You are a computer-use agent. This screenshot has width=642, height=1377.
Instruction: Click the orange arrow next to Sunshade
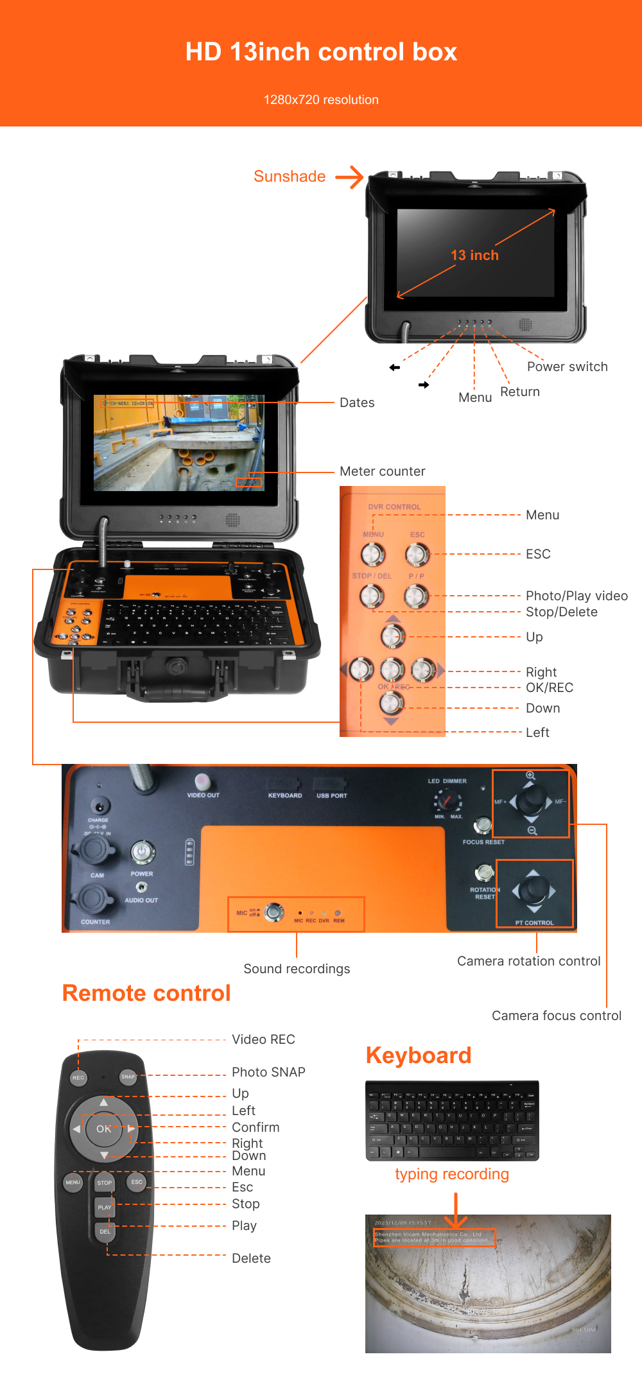349,177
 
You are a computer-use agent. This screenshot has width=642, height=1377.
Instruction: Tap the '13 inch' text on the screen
474,255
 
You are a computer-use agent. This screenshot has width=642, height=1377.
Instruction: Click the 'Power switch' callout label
567,367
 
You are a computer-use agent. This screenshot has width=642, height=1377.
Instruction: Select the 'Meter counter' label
382,471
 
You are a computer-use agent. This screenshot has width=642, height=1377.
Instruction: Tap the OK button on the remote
103,1129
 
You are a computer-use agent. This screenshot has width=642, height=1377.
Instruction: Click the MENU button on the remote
73,1182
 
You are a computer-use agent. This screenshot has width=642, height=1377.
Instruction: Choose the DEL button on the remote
105,1231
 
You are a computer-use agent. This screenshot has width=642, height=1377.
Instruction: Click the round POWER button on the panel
142,853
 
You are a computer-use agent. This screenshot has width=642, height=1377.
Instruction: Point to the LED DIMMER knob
447,801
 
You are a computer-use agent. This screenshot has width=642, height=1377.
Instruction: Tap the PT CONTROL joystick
534,890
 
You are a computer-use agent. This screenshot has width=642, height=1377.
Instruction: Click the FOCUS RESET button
482,826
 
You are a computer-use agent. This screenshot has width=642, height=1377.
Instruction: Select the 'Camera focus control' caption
556,1016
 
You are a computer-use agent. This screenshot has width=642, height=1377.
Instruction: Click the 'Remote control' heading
146,993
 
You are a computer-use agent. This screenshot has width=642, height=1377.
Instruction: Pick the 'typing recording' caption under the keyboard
451,1174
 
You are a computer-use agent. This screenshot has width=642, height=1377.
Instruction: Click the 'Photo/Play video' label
577,596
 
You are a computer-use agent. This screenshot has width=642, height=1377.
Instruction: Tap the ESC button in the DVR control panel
416,554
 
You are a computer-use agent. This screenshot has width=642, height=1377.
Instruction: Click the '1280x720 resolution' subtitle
321,100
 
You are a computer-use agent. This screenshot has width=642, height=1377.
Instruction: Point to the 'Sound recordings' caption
297,969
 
